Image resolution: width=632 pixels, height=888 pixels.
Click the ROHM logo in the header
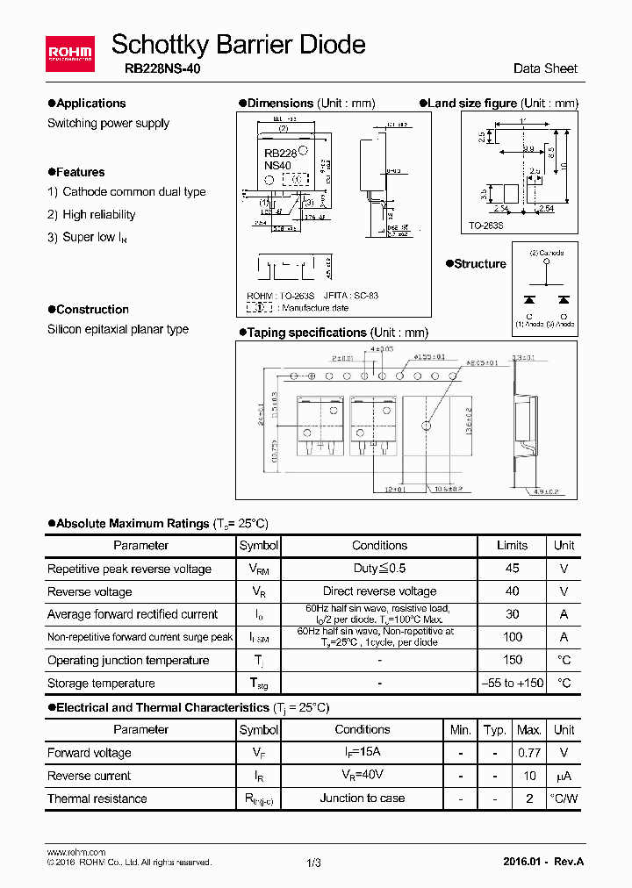pos(69,54)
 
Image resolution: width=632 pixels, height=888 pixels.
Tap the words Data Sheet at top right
pos(545,69)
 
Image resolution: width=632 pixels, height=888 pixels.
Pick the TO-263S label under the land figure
pos(486,226)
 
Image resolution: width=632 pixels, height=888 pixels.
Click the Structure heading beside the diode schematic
pos(480,264)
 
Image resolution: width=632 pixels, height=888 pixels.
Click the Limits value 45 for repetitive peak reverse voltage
pos(513,569)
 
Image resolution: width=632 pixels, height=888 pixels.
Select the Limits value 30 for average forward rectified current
pos(513,614)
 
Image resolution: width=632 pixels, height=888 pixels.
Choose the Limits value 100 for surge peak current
pos(513,637)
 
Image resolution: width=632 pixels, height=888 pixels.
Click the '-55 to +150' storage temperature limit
pos(513,683)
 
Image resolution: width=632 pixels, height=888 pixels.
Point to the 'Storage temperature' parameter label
pos(101,684)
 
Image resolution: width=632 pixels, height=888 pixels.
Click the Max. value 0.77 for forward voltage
pos(529,753)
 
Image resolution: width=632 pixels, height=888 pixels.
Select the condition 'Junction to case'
pos(363,798)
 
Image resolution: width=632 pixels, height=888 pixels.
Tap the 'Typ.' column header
pos(495,730)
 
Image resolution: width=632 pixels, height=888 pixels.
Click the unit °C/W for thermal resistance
pos(564,798)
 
